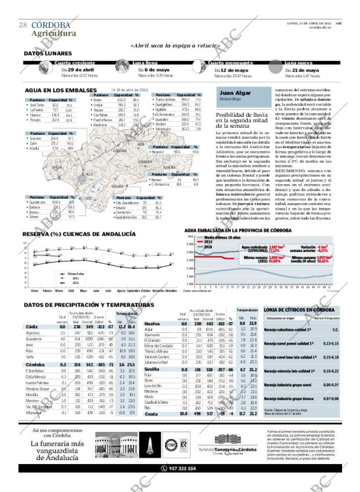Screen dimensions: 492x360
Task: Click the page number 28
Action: click(x=22, y=25)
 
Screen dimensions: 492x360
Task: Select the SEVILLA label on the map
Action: click(x=88, y=174)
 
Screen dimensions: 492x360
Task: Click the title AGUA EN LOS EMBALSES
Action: click(x=60, y=91)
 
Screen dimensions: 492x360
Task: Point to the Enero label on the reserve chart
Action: click(x=35, y=289)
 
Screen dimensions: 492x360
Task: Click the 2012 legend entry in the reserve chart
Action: click(x=75, y=282)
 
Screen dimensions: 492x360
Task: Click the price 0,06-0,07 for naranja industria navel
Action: click(x=316, y=384)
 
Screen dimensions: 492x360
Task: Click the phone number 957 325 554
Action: click(x=182, y=468)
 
